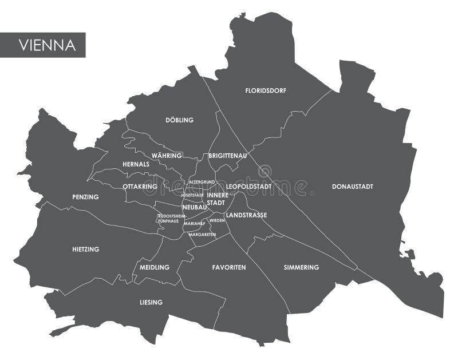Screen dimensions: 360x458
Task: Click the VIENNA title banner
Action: [x=43, y=45]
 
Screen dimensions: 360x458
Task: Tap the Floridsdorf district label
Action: [x=266, y=90]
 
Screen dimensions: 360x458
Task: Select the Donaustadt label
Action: [x=352, y=186]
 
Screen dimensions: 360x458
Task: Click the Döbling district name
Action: [x=179, y=120]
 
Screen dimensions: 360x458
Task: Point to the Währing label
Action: [x=167, y=156]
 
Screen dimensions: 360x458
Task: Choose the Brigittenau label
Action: [x=227, y=156]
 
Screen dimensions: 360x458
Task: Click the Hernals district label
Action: [x=136, y=164]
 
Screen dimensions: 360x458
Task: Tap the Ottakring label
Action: [x=140, y=187]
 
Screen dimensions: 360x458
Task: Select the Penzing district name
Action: [x=85, y=197]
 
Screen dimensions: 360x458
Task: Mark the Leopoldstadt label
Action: [x=248, y=187]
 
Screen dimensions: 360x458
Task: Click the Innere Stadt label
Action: [x=217, y=199]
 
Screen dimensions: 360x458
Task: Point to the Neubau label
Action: [x=194, y=207]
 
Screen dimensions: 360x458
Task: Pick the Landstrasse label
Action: [x=246, y=215]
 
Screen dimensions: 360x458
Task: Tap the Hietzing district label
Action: [x=86, y=249]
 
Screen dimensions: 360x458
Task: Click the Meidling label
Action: [x=155, y=267]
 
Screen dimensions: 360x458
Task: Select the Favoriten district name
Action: [x=229, y=267]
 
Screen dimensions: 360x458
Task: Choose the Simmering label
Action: [x=301, y=267]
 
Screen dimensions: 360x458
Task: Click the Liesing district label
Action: [x=151, y=302]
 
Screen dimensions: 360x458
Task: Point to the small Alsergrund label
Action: [x=202, y=182]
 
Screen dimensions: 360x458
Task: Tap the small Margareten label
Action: [x=202, y=234]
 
